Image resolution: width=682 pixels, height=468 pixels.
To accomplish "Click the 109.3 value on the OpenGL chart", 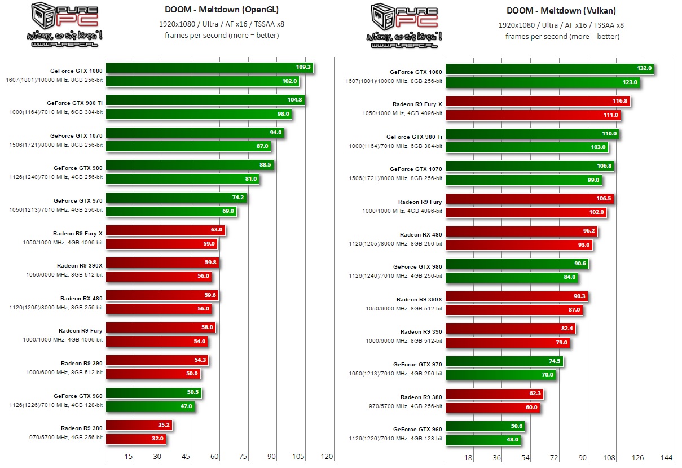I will point(303,68).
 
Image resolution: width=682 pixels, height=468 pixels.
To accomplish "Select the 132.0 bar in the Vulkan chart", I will point(549,69).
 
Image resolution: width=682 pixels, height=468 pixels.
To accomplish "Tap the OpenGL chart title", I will point(222,10).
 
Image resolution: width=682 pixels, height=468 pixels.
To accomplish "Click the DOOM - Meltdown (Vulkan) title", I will point(562,10).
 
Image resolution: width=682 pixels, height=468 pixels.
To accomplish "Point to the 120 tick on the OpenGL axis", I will point(327,457).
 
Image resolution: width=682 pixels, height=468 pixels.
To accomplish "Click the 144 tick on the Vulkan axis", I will point(666,458).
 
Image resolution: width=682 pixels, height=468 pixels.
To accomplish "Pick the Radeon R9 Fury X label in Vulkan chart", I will point(417,104).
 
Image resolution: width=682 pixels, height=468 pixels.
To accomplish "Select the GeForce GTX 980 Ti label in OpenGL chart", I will point(74,103).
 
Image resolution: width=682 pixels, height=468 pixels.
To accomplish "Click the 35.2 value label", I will point(164,426).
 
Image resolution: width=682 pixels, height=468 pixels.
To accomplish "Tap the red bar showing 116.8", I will point(537,102).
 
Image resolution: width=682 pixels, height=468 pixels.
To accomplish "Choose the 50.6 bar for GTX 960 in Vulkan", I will point(485,426).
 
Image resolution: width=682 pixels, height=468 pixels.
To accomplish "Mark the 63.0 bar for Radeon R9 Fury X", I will point(165,230).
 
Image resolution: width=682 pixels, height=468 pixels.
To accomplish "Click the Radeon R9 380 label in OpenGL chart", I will point(81,428).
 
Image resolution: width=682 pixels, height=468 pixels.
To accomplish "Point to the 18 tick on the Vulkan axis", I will point(468,458).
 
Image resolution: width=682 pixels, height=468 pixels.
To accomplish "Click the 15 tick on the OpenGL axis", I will point(129,457).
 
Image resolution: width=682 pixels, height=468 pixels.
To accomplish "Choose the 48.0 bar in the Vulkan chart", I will point(482,440).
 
